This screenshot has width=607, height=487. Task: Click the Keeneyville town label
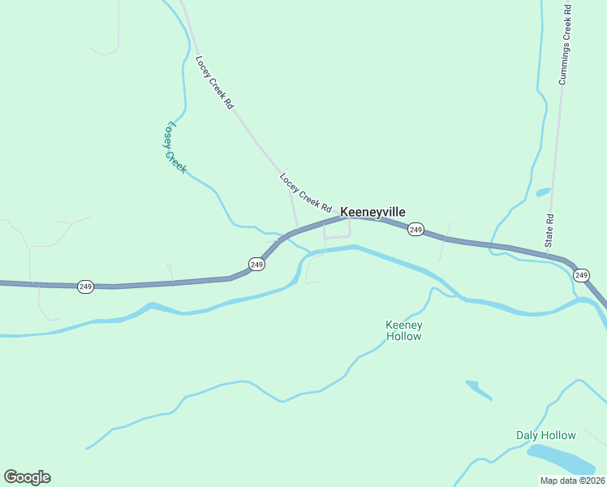coord(372,212)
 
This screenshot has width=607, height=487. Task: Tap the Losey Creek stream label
coord(176,148)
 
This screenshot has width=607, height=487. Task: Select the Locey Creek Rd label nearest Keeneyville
coord(306,193)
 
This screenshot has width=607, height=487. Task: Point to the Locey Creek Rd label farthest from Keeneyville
coord(215,83)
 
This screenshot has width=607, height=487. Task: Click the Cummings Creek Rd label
coord(565,45)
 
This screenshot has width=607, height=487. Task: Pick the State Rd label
coord(549,231)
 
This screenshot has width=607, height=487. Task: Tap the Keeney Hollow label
coord(403,330)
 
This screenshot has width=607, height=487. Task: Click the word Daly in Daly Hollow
coord(528,435)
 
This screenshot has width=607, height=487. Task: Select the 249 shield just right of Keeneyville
coord(415,230)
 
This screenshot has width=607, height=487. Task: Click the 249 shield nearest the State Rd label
coord(581,276)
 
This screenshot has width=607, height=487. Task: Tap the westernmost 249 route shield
coord(85,287)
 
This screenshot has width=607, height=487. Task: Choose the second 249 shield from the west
coord(256,265)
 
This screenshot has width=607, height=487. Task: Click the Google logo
coord(27,477)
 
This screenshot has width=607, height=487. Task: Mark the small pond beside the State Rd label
coord(543,192)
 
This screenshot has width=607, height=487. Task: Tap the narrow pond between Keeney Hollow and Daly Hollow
coord(479,390)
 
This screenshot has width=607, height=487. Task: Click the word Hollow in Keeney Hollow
coord(403,336)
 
